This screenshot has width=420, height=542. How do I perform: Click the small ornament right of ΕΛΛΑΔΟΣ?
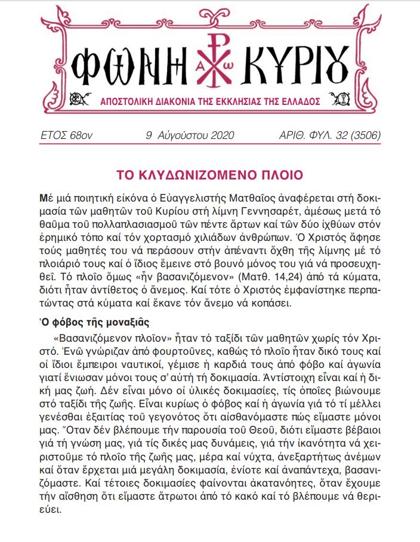click(342, 98)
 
